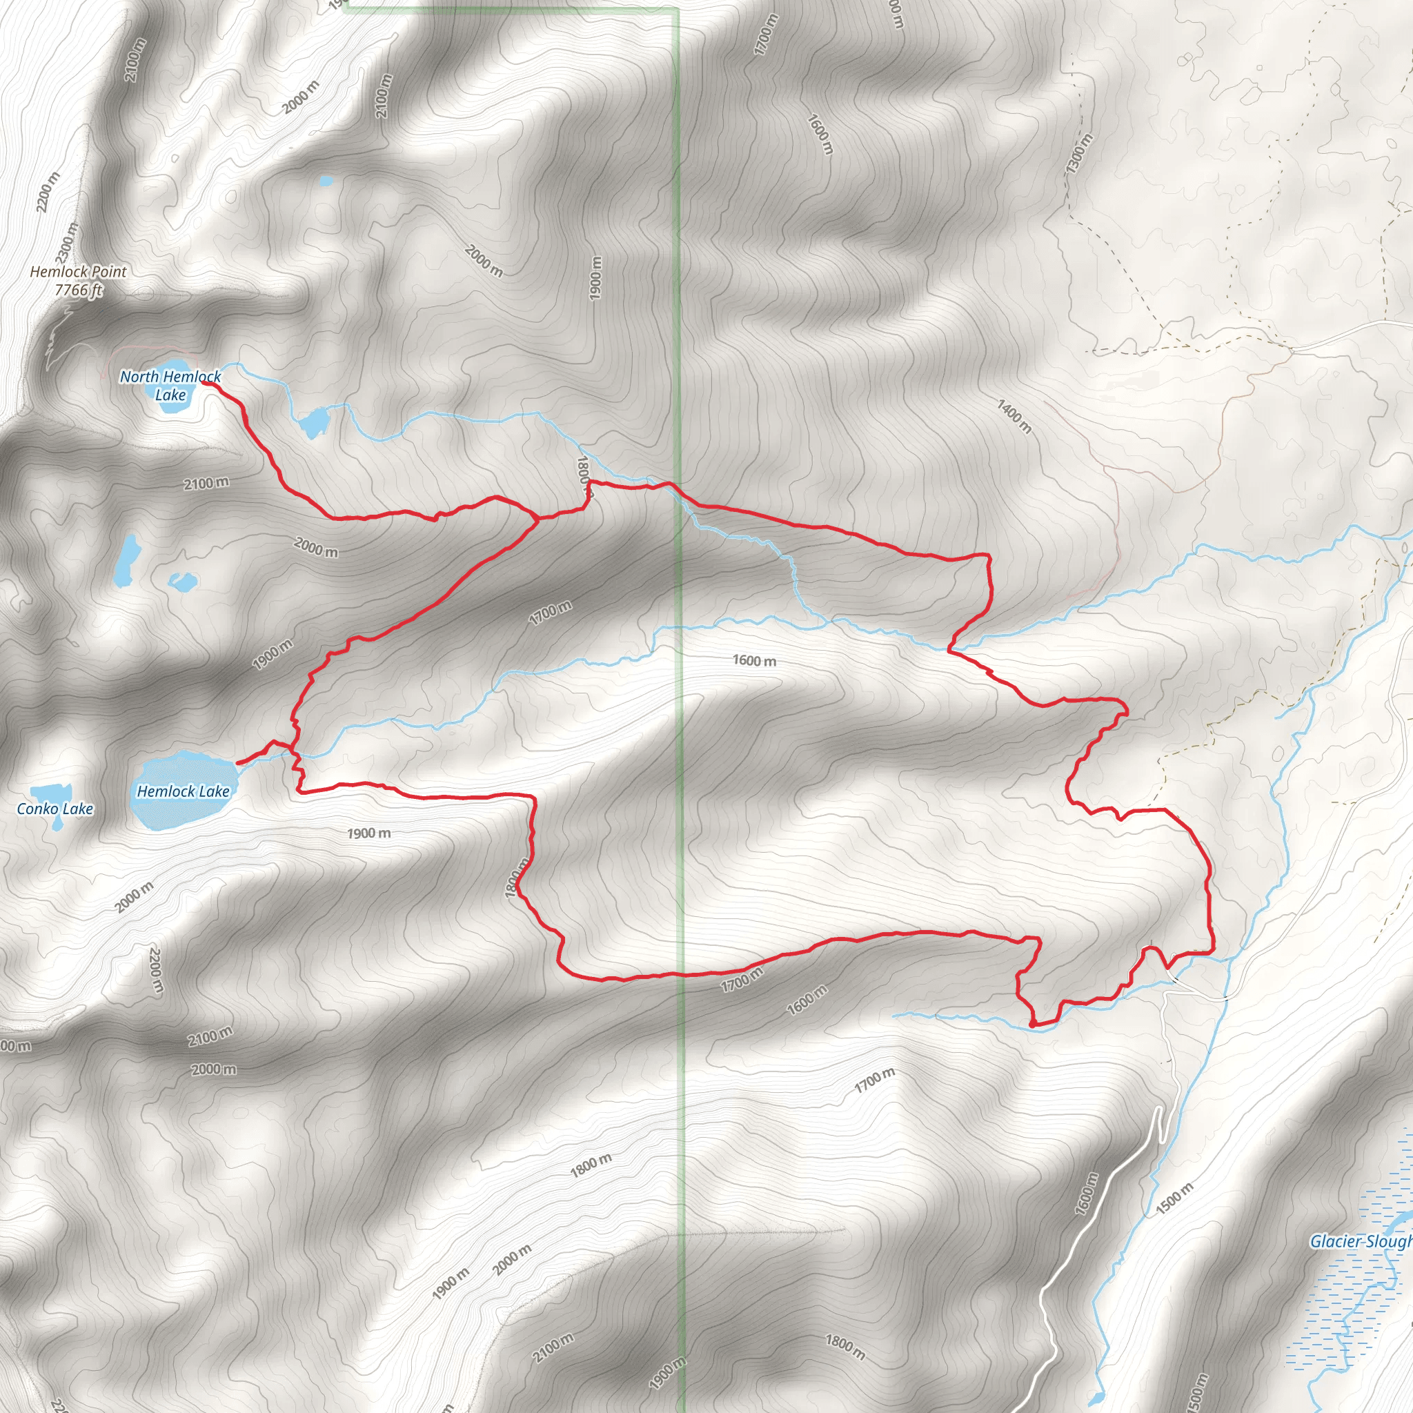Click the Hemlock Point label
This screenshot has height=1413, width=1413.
[78, 271]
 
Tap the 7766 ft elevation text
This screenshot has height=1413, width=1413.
[78, 290]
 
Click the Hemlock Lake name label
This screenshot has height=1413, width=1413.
[183, 791]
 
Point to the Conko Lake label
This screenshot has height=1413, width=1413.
[55, 809]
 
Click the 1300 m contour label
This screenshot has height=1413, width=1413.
[1079, 154]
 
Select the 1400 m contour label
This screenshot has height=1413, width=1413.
[1014, 416]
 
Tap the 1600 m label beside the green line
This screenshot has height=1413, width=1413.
[755, 661]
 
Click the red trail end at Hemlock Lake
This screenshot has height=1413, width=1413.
[238, 764]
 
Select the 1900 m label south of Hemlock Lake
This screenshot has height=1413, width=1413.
[368, 833]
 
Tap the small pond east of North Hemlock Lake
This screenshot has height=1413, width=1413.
[315, 423]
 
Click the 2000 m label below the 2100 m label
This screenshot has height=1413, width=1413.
[316, 547]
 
